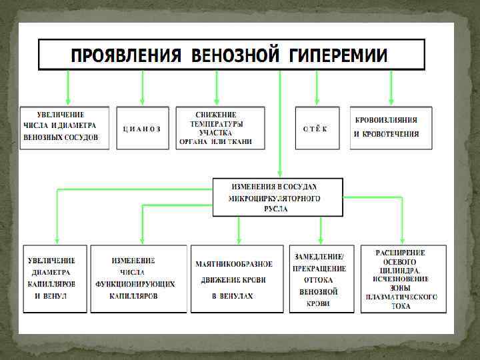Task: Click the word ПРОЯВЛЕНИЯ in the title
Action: (x=127, y=55)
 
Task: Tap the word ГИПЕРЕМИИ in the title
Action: (x=338, y=55)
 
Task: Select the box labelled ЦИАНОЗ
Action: (x=142, y=128)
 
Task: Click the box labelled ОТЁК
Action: (x=315, y=128)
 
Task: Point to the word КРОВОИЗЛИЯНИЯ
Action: (x=387, y=120)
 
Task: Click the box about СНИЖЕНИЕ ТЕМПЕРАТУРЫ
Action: (x=220, y=128)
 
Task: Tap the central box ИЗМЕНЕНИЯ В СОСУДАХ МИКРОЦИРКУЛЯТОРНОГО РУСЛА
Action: (x=277, y=197)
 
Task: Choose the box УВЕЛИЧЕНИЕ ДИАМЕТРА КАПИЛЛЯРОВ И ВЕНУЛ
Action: (x=55, y=279)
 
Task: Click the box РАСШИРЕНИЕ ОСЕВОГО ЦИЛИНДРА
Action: (x=402, y=279)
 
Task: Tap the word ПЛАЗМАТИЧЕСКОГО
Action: (x=401, y=297)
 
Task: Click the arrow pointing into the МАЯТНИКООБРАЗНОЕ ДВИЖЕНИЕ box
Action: (x=239, y=230)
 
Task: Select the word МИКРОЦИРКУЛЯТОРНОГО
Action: (x=276, y=199)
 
